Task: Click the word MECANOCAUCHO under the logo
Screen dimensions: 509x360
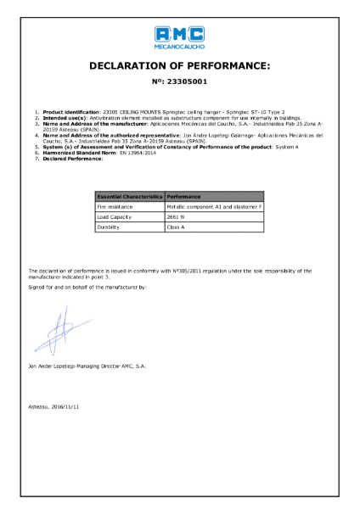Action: click(x=179, y=47)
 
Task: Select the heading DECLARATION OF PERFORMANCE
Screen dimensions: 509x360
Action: click(x=179, y=65)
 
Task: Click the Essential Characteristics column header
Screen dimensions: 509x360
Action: click(x=130, y=196)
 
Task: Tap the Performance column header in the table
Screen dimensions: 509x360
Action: click(x=183, y=196)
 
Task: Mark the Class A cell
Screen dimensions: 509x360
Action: click(x=176, y=227)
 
